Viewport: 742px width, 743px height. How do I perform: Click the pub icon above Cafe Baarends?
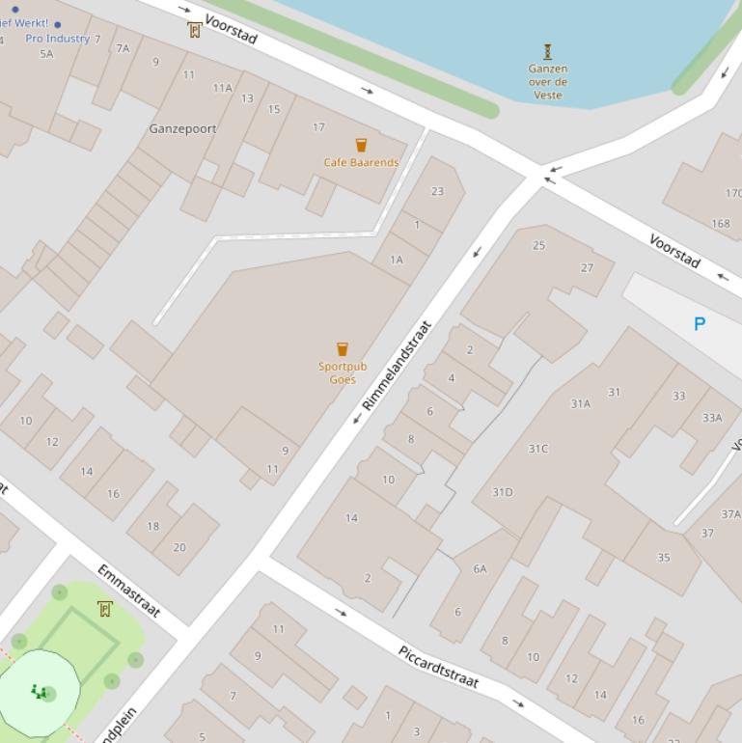pos(361,145)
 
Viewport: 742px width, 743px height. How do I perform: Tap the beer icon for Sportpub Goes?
pos(342,349)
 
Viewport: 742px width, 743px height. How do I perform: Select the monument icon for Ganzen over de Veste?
pos(548,51)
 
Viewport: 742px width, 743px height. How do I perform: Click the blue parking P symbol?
pos(700,324)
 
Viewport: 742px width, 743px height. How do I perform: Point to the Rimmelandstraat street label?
pos(397,367)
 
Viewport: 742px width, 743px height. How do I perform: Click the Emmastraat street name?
pos(128,591)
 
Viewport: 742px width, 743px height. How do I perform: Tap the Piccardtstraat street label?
pos(438,667)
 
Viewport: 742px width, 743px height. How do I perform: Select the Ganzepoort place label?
pos(182,128)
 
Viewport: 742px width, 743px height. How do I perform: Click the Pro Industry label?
pos(57,39)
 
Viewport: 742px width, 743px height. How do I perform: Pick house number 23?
pos(437,191)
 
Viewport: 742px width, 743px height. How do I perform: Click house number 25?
pos(538,245)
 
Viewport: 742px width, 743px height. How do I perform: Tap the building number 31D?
pos(503,492)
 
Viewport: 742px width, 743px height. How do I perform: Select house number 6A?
pos(480,569)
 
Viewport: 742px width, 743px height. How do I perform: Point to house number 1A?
pos(396,260)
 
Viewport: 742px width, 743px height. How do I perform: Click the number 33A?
pos(712,418)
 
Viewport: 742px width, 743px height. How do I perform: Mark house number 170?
pos(732,193)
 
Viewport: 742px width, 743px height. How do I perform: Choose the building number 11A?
pos(222,88)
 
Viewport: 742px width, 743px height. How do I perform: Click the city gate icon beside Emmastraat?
pos(104,608)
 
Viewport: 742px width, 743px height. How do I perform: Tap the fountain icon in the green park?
pos(39,691)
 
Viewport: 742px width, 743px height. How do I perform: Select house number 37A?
pos(730,514)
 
